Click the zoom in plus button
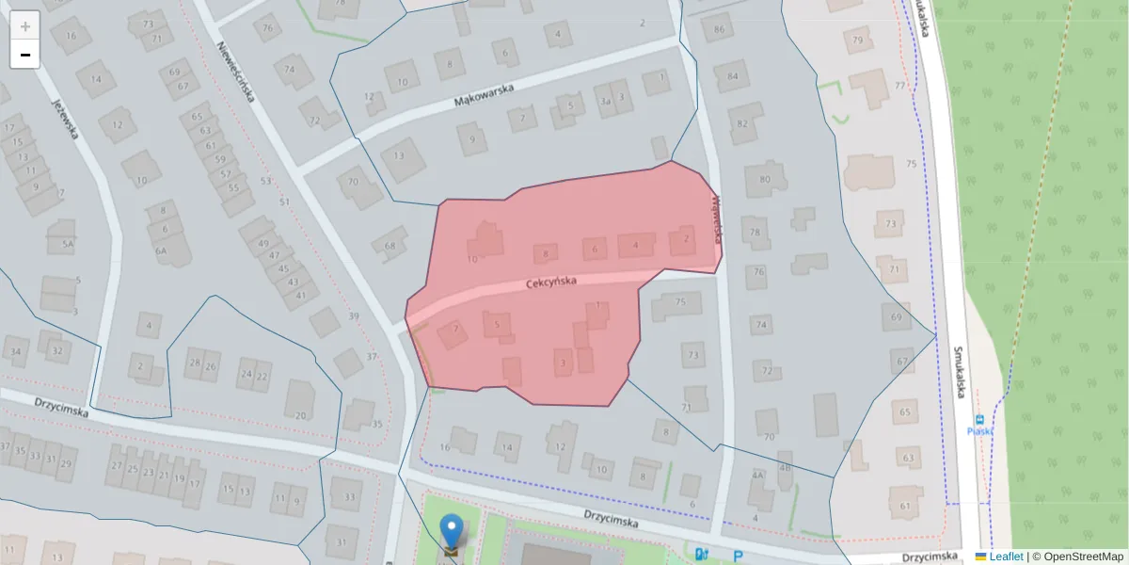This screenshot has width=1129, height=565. pos(24,26)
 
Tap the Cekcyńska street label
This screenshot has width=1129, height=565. pos(550,282)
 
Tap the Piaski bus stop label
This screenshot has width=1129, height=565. pos(980,431)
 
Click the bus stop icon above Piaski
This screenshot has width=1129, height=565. pos(980,419)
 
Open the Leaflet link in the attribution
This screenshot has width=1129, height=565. pos(1005,557)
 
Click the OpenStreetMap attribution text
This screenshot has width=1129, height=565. pos(1077,557)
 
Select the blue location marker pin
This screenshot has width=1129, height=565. pos(453,530)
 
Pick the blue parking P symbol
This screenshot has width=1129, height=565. pos(738,556)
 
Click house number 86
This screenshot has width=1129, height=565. pos(720,30)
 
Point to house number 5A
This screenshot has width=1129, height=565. pos(67,245)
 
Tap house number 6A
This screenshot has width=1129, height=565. pos(161,250)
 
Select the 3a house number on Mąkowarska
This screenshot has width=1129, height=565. pos(606,101)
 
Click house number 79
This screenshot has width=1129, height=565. pos(857,40)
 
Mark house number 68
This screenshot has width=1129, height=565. pos(390,246)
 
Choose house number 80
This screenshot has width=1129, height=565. pos(764,179)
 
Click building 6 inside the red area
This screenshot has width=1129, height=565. pos(594,250)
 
